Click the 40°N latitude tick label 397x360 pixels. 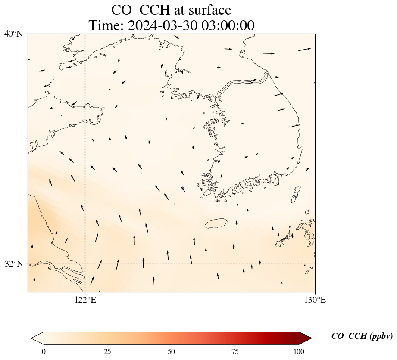click(13, 34)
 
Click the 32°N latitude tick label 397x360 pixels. click(13, 264)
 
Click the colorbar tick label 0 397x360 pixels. click(44, 351)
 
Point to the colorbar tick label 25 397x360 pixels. click(107, 351)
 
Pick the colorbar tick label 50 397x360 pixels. click(172, 351)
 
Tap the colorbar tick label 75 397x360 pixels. click(235, 351)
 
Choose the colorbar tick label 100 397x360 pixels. click(299, 351)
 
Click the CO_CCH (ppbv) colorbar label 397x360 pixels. click(362, 336)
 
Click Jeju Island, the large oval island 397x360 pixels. click(216, 223)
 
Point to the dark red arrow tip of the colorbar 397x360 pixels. click(306, 338)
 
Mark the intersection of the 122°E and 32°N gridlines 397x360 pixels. click(85, 264)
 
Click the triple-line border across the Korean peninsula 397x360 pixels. click(244, 84)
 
